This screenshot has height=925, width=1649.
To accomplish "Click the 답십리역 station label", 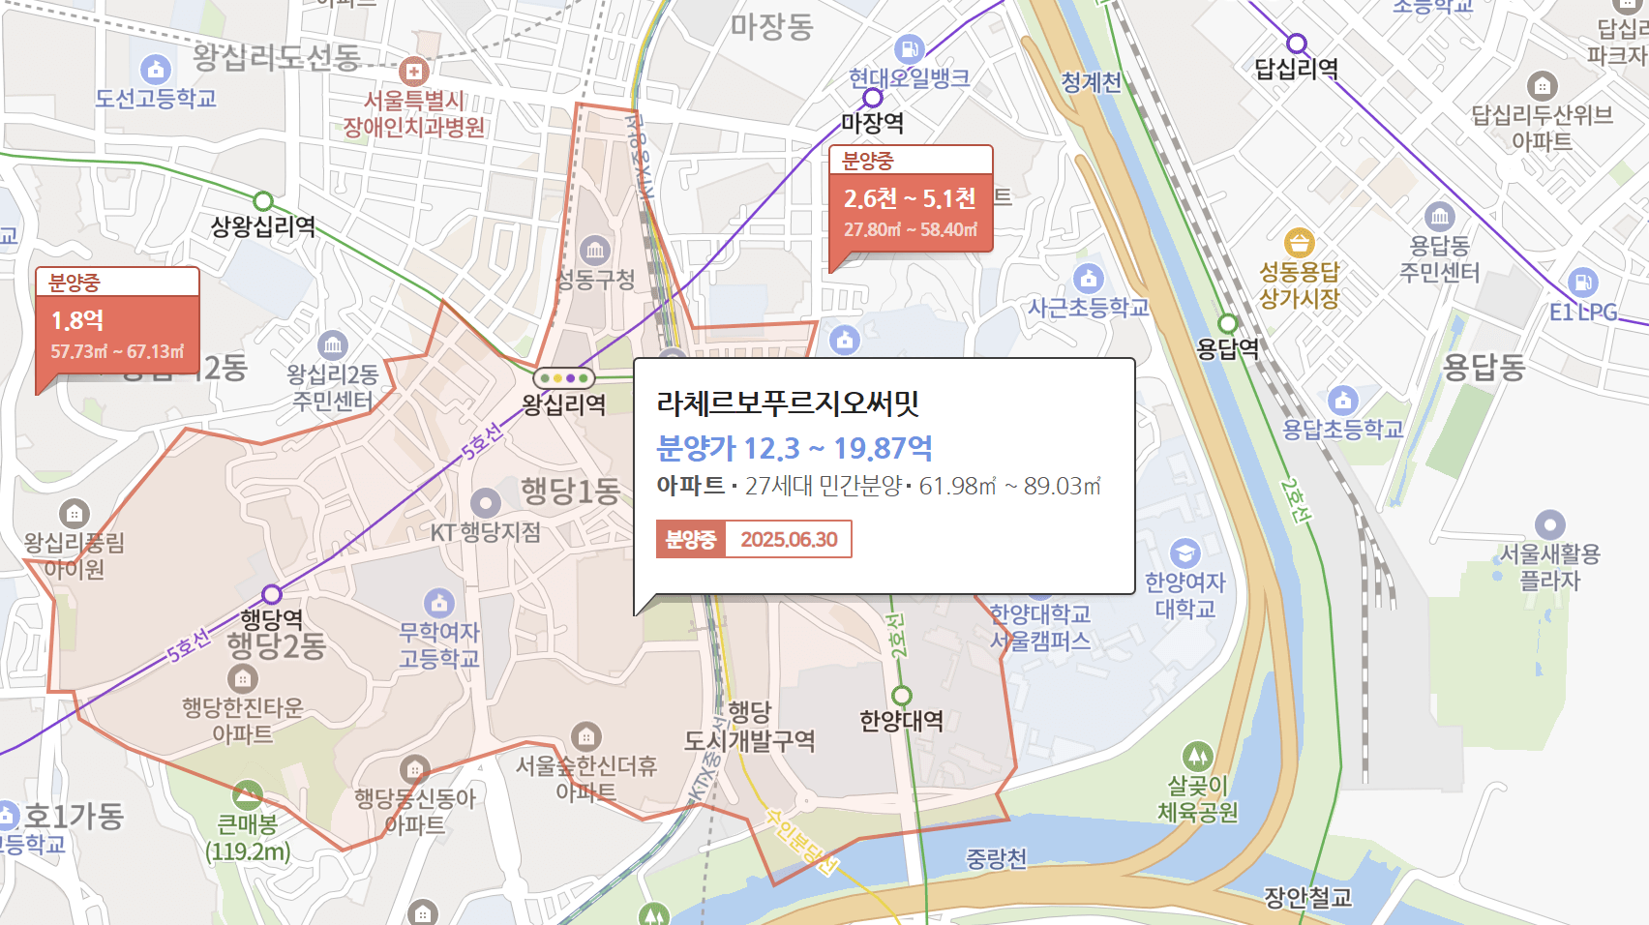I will (x=1296, y=69).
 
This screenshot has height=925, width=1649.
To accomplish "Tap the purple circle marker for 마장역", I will (x=873, y=98).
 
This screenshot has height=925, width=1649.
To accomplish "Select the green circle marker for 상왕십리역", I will (x=263, y=201).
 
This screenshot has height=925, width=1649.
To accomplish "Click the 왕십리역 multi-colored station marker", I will (x=564, y=378).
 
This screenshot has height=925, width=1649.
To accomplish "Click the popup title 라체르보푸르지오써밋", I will (x=788, y=403).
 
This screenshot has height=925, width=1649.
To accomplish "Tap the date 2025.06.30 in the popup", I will (x=789, y=540).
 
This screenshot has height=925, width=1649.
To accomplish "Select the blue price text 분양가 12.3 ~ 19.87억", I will (x=795, y=448).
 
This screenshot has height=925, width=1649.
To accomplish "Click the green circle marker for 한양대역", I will (x=902, y=696).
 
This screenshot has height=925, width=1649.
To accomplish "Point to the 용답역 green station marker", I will (x=1228, y=323).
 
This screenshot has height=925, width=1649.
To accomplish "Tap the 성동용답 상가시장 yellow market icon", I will (x=1299, y=243).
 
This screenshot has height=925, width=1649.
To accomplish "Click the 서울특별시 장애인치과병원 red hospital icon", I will (x=414, y=71).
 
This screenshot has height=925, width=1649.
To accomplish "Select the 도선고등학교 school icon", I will (x=156, y=69).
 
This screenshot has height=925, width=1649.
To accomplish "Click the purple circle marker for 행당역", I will (x=272, y=594).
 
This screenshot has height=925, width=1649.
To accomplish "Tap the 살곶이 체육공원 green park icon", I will (x=1198, y=756).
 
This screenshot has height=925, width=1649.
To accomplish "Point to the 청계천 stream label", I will (x=1091, y=82).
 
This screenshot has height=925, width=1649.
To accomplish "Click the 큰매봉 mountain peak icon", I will (x=248, y=795).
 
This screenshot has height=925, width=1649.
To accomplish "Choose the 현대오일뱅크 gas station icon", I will (x=910, y=48).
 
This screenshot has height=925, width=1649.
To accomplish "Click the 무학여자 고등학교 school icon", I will (x=439, y=603).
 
